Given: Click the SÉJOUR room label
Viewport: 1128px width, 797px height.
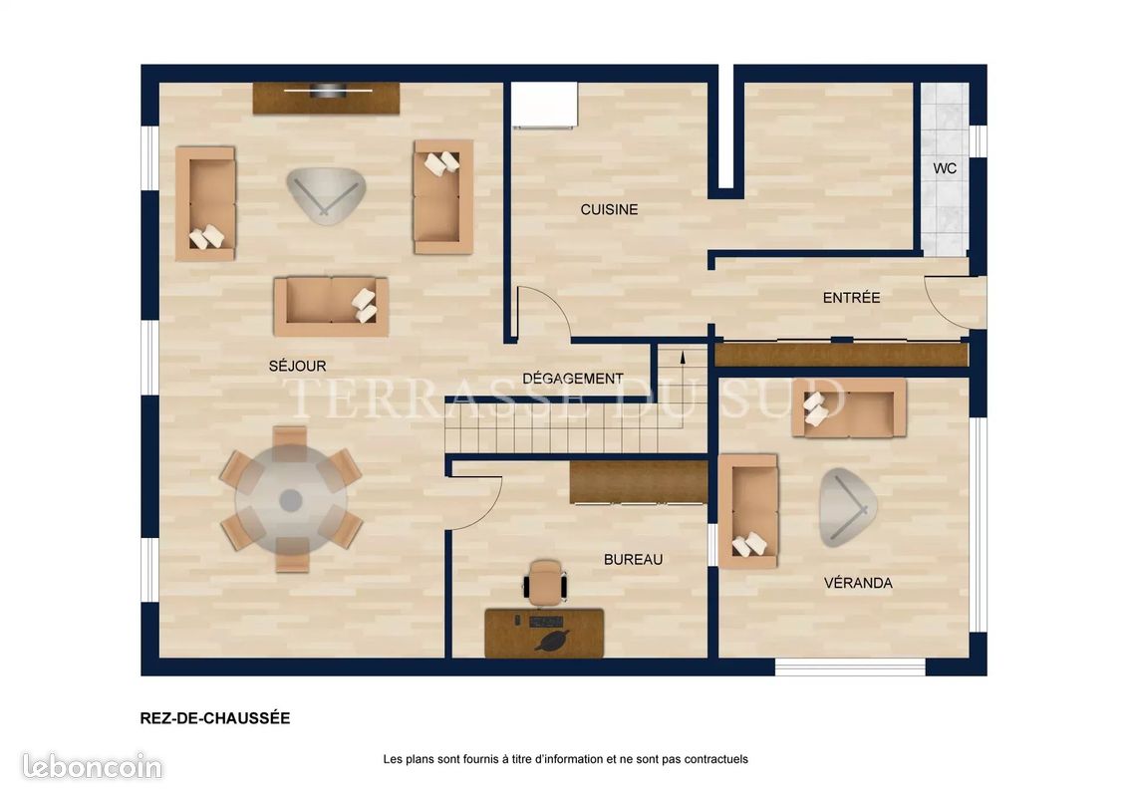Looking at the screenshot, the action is coord(297,366).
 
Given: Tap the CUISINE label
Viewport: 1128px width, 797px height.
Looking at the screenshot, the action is coord(609,209).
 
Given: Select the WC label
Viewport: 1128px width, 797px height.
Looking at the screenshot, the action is coord(945,168).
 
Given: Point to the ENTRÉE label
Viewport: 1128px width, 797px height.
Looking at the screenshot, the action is coord(851,297).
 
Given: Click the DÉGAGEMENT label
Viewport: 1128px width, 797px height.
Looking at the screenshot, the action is coord(573,379).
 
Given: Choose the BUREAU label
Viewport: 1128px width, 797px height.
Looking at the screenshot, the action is coord(633,559).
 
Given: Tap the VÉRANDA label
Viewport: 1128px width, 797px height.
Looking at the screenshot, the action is coord(858,583).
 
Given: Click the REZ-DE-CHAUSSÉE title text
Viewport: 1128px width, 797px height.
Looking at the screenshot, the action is coord(215,718).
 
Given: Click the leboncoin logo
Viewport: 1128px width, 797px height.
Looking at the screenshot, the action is coord(92,766).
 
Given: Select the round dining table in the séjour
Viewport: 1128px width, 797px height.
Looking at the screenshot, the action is coord(291,501).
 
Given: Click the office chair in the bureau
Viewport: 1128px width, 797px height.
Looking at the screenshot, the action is coord(545,581).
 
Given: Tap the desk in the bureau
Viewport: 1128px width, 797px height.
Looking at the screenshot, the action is coord(544,633).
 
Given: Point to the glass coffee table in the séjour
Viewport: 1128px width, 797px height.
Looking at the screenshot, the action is coord(327,195).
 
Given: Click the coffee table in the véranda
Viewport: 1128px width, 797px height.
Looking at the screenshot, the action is coord(848,508).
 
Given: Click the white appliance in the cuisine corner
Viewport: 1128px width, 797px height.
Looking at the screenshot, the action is coord(545,105).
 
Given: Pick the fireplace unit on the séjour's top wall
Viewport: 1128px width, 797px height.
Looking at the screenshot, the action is coord(326,98).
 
